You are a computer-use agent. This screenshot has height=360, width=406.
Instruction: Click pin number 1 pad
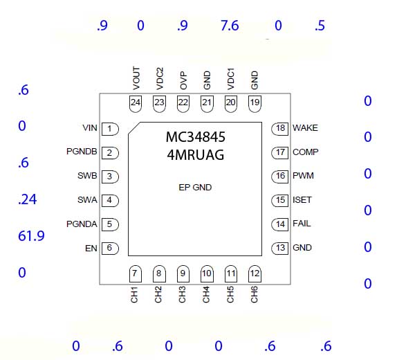110,129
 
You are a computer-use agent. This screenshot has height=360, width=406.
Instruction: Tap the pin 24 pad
136,104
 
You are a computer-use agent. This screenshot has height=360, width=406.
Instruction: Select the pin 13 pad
280,249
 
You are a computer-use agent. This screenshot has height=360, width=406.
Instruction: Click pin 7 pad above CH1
135,274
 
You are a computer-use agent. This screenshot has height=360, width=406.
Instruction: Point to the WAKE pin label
305,128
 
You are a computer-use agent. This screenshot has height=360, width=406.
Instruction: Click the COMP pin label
306,152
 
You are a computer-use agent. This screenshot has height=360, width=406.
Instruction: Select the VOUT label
136,78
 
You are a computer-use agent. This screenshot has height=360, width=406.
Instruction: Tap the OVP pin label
183,80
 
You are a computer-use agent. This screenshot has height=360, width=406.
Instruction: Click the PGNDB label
82,152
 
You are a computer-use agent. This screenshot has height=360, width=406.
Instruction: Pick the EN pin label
91,249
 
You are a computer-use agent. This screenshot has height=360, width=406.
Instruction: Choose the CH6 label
255,294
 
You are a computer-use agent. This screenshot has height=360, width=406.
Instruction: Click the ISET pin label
302,200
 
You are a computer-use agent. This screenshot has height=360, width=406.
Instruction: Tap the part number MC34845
196,137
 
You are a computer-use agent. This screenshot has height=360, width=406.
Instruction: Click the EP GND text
195,188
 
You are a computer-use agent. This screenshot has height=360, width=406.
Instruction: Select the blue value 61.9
31,236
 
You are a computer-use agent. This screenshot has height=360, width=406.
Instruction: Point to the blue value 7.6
230,26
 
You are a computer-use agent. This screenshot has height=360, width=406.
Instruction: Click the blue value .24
28,199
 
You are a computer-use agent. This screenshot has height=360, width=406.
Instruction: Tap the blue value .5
320,26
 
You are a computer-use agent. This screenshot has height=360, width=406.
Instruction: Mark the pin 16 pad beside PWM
280,177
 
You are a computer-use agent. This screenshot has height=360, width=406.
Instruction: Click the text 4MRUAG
196,155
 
